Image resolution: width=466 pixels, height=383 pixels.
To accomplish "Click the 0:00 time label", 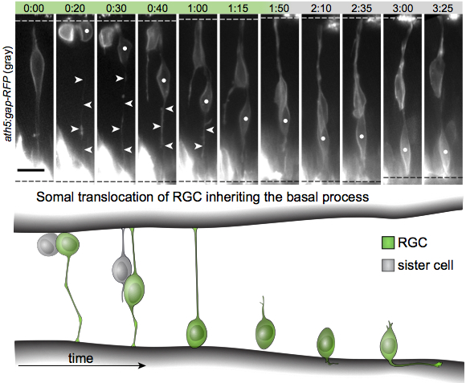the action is [x=34, y=8].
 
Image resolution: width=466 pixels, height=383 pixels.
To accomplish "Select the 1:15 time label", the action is [x=238, y=8].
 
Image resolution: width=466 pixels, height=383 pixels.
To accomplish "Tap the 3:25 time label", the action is [x=443, y=8].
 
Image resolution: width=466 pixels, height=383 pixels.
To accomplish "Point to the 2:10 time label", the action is [x=321, y=8].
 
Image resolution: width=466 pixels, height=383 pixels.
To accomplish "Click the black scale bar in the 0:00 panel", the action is [x=31, y=170].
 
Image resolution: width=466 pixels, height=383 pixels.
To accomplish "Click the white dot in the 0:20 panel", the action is [x=87, y=31].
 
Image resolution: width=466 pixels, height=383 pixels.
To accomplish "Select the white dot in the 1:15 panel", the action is [x=246, y=119].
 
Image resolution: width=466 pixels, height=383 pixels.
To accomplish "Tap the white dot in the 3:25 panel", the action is [x=445, y=152].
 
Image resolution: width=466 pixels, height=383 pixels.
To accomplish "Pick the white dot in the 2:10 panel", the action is [x=323, y=138].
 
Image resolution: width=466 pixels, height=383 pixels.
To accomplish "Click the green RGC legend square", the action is [x=388, y=242].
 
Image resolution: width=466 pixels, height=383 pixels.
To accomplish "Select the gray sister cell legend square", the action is [x=388, y=265].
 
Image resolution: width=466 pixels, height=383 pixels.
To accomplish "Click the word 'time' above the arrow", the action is [x=81, y=358].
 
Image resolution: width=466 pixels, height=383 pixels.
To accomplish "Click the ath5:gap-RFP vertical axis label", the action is [x=8, y=94].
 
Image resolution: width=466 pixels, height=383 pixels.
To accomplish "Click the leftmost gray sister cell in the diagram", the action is [x=47, y=244].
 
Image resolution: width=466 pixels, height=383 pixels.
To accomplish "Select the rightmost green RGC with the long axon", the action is [x=390, y=344].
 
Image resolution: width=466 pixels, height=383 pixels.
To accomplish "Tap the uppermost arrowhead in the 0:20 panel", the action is [x=79, y=79].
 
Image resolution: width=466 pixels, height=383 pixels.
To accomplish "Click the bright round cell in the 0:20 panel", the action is [x=67, y=33].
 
